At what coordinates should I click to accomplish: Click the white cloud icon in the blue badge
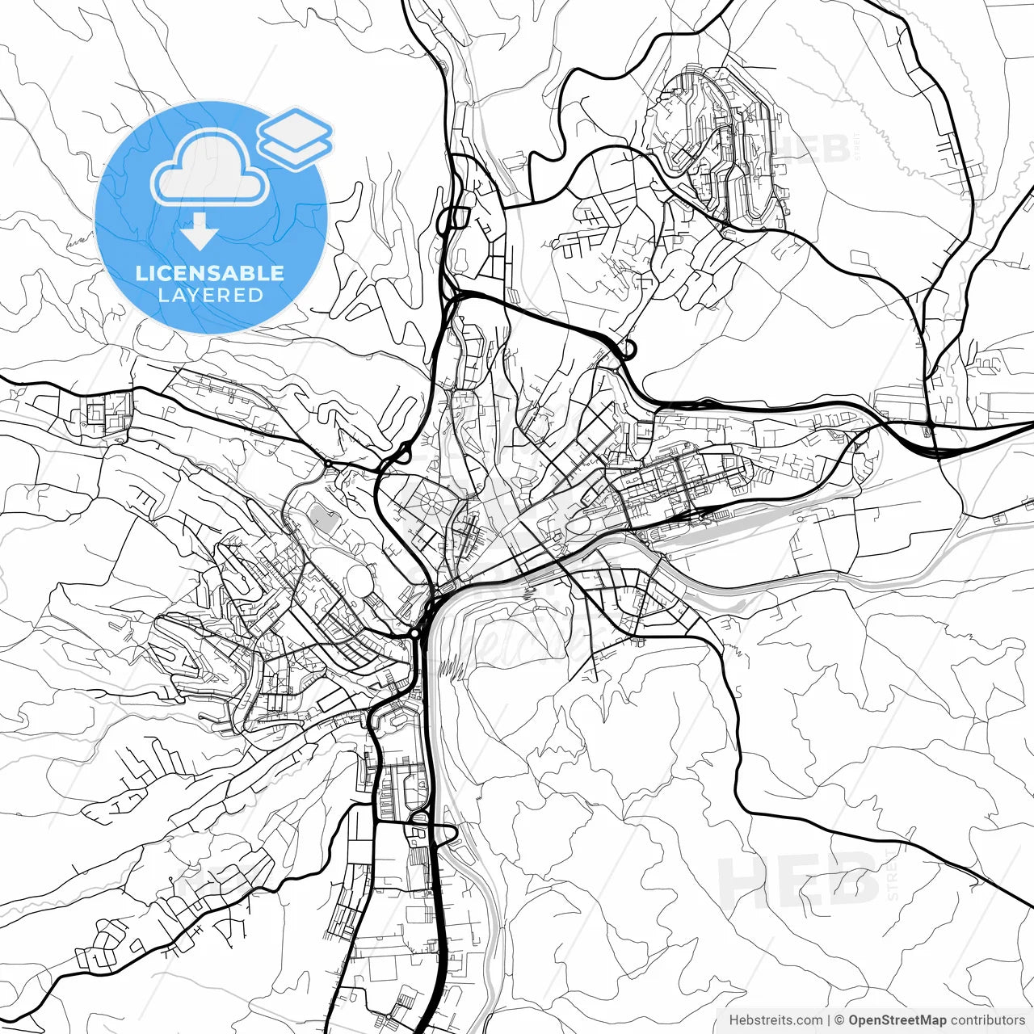(x=210, y=167)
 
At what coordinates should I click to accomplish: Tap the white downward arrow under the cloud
(x=199, y=233)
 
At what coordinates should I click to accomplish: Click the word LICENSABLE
(x=210, y=273)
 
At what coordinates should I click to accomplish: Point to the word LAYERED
(x=210, y=296)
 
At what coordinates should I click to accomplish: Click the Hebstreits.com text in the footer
(x=776, y=1020)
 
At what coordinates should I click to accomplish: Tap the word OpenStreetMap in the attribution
(x=896, y=1020)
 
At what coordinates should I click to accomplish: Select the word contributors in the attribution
(x=986, y=1020)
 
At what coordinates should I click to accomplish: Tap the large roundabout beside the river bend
(x=414, y=633)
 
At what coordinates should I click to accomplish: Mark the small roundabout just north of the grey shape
(x=328, y=464)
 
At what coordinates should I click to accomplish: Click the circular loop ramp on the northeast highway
(x=627, y=350)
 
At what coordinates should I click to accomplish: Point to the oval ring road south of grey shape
(x=356, y=579)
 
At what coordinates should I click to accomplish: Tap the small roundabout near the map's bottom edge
(x=389, y=1016)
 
